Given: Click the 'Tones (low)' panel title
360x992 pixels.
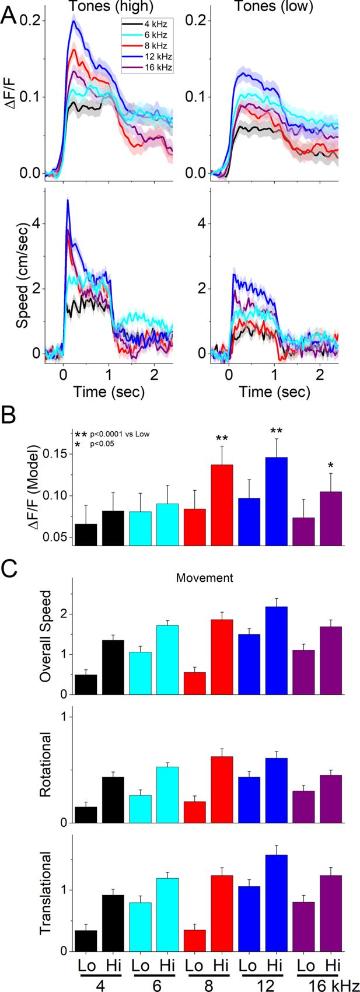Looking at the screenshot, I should [x=274, y=6].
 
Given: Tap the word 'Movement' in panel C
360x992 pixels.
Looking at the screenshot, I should [x=205, y=578].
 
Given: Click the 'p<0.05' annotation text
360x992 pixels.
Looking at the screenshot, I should [x=103, y=443].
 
